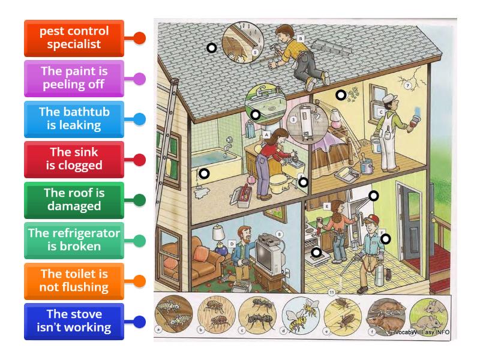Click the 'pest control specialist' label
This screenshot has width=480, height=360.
(x=74, y=38)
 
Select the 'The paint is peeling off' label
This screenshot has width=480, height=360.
(x=74, y=78)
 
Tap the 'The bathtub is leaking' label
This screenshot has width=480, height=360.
(x=74, y=118)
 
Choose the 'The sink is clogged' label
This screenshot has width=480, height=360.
(x=74, y=159)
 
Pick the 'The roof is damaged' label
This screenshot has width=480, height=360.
(x=74, y=200)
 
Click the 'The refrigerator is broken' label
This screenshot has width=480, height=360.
(x=74, y=240)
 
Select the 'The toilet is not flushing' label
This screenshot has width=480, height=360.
(x=74, y=281)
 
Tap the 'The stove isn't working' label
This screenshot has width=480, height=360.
(x=74, y=321)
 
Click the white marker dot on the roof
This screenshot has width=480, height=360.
(x=211, y=48)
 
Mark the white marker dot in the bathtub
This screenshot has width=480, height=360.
(x=204, y=174)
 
